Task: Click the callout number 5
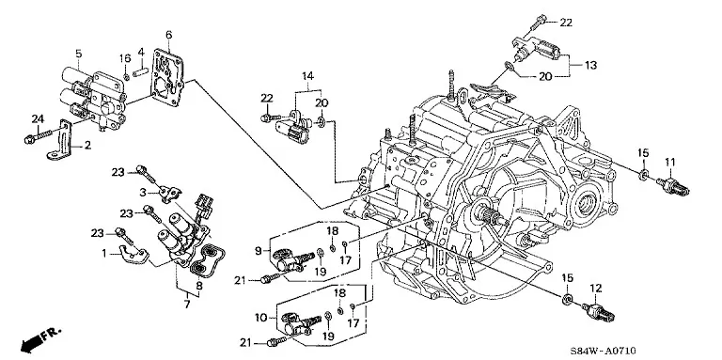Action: pos(79,54)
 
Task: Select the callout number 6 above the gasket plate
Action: pos(169,35)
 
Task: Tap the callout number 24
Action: pos(38,118)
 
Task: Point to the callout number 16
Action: pos(125,57)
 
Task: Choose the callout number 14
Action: pos(307,75)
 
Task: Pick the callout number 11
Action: pos(669,162)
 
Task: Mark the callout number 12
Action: pos(596,289)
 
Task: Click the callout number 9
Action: pos(259,251)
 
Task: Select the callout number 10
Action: pos(260,318)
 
